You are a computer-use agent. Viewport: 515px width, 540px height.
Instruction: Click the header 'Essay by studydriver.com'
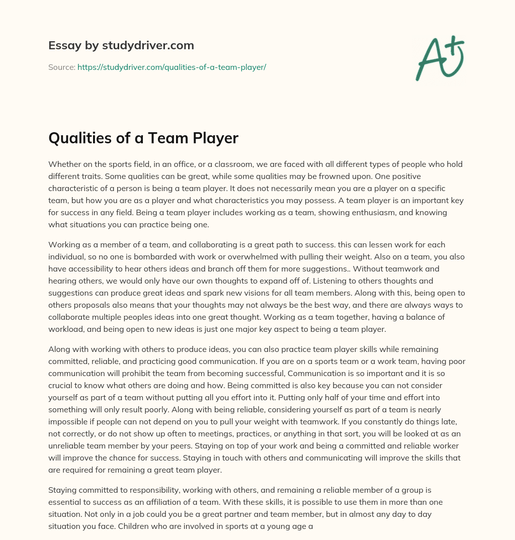[121, 45]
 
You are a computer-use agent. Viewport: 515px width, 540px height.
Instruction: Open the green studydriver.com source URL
[171, 67]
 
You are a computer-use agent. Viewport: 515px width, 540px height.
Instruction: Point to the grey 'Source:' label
[61, 67]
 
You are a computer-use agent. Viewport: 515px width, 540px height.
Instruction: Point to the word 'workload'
[65, 329]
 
